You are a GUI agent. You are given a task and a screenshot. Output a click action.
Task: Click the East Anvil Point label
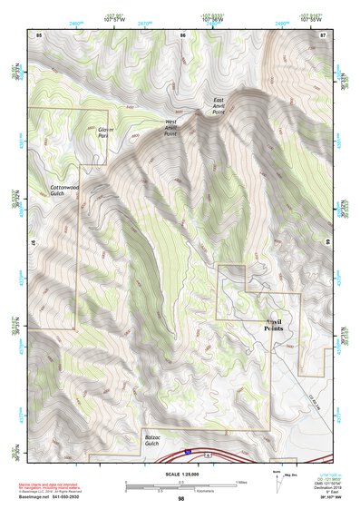[x=219, y=105]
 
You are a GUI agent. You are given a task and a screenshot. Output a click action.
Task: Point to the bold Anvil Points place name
[x=273, y=325]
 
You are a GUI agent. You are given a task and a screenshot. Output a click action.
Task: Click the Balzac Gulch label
[x=158, y=440]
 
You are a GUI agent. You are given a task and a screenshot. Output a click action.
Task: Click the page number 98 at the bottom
[x=181, y=499]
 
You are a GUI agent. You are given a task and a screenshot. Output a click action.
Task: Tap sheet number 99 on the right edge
[x=326, y=242]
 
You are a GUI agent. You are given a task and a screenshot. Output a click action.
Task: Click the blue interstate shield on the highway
[x=186, y=449]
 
